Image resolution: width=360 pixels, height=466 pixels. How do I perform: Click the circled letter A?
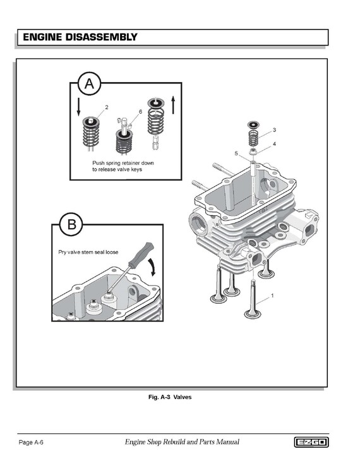pos(89,83)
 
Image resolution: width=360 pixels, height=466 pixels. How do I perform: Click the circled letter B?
pos(71,224)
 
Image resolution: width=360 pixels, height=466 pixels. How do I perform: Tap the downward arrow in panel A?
pos(78,107)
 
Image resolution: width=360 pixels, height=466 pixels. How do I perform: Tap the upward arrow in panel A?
pos(173,104)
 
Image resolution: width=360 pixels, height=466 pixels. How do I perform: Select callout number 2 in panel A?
pos(107,107)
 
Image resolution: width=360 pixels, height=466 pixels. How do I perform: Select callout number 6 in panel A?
pos(140,112)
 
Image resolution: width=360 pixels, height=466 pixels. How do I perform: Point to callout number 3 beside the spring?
pos(274,130)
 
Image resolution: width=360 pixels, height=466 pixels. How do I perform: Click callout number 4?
pos(274,144)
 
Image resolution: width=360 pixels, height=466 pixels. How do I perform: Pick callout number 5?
pos(236,153)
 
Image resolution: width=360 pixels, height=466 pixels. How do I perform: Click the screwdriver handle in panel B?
pos(141,255)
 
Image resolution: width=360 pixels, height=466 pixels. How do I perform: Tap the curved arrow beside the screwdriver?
pos(152,267)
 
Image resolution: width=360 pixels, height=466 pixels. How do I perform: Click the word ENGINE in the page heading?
pos(42,37)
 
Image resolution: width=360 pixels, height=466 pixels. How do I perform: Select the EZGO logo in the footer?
pos(311,442)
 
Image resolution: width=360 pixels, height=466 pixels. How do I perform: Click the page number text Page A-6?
pos(31,442)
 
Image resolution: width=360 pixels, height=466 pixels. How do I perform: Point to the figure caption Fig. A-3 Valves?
pos(170,397)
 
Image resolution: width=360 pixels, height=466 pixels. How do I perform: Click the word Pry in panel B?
pos(62,253)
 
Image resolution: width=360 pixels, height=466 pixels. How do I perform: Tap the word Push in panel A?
pos(99,163)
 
